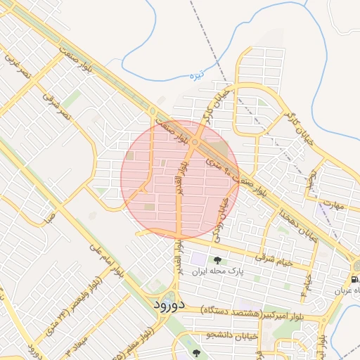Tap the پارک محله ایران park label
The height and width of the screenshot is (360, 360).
pos(218,272)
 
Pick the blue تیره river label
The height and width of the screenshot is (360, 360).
pos(199,73)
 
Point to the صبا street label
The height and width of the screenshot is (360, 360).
pos(49,219)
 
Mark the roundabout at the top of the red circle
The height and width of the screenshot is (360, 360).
pos(195,143)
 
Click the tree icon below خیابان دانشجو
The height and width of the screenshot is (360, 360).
pos(195,353)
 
